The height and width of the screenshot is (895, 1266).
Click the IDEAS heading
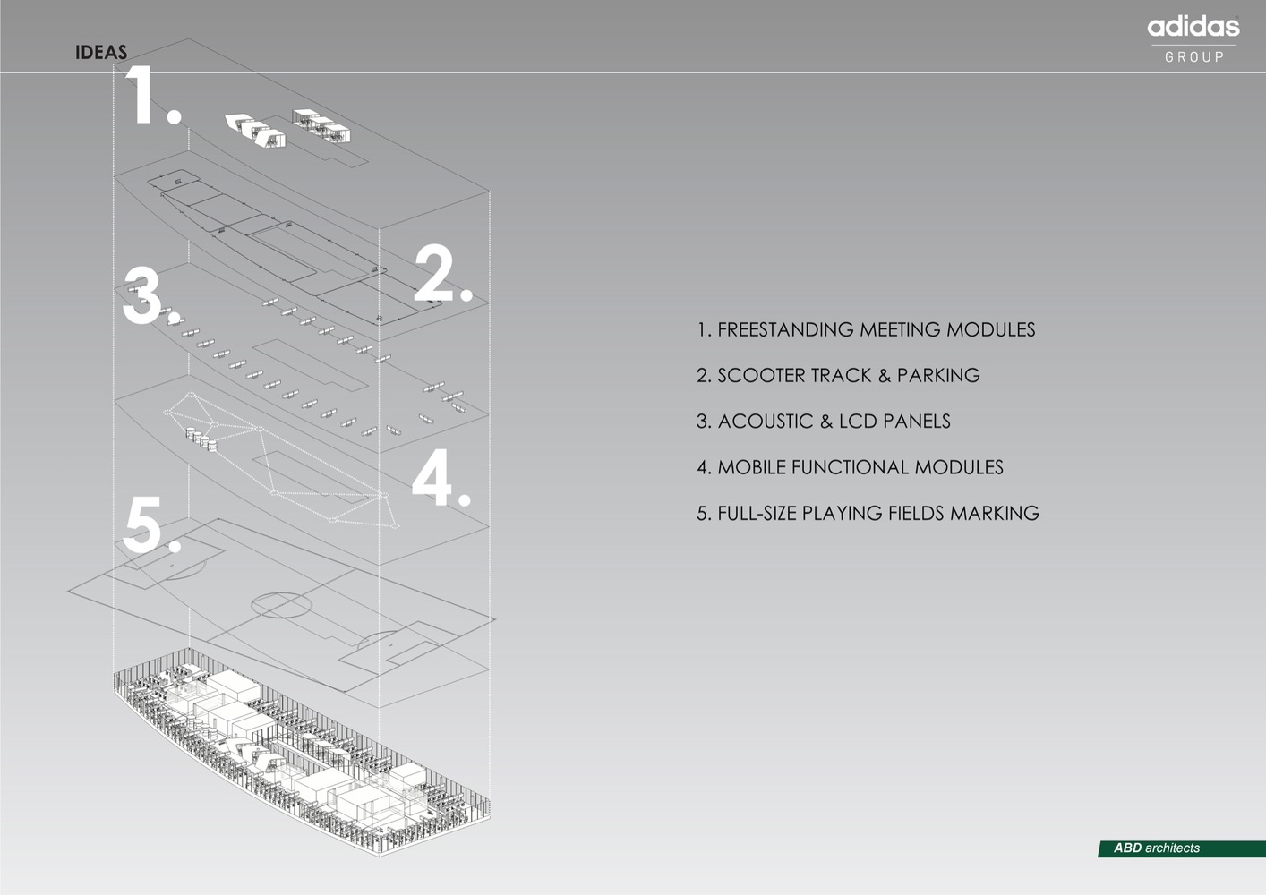[101, 53]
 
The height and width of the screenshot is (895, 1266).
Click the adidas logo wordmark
[1193, 27]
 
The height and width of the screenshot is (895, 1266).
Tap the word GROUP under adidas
[1194, 56]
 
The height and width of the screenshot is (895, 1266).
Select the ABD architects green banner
[1181, 848]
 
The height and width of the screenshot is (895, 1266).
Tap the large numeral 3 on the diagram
[142, 295]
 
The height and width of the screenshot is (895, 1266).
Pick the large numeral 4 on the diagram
[433, 477]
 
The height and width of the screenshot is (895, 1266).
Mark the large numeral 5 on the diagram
[142, 524]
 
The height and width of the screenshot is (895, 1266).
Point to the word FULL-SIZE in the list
[757, 513]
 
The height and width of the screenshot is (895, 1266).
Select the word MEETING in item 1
[901, 329]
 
